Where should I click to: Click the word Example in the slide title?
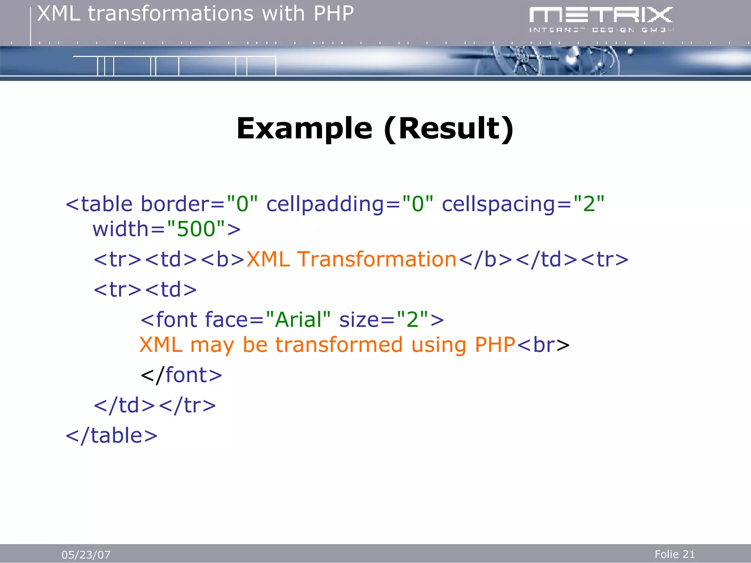click(304, 129)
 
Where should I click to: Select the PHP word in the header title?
click(333, 14)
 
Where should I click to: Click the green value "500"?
click(196, 229)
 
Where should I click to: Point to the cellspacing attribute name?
click(499, 204)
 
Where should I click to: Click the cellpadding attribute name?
click(325, 204)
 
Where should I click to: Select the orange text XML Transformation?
click(351, 259)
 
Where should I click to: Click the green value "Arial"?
click(298, 319)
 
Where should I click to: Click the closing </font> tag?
click(181, 375)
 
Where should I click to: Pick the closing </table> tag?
click(111, 435)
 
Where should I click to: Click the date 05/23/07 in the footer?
click(86, 555)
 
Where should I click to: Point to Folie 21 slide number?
click(674, 554)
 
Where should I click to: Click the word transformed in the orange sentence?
click(339, 345)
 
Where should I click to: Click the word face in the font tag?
click(226, 319)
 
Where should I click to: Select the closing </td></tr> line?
click(154, 405)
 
